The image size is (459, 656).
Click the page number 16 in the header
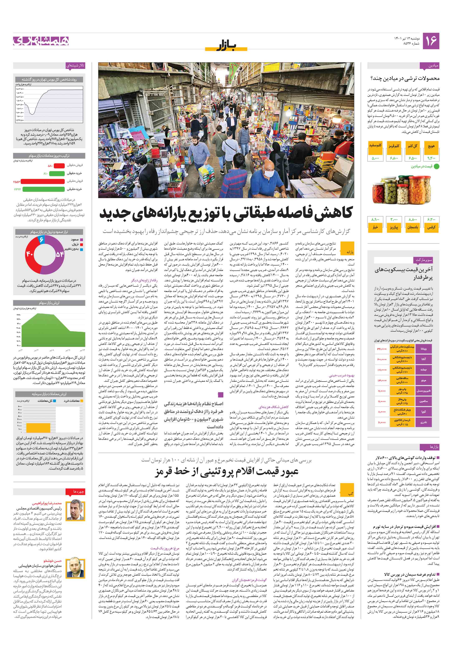(x=431, y=41)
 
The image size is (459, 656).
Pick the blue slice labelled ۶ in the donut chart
(x=42, y=239)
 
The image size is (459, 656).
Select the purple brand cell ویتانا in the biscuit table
(x=424, y=349)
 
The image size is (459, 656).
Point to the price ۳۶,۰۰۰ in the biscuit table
(x=382, y=349)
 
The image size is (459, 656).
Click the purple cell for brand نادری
(x=424, y=422)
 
